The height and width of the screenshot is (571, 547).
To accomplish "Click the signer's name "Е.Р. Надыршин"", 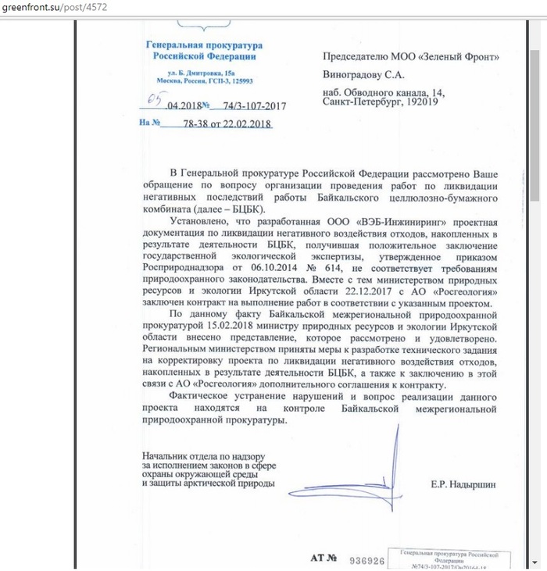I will click(x=463, y=484).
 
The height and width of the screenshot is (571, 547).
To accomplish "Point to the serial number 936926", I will click(x=366, y=560).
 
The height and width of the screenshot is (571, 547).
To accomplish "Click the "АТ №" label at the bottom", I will click(x=323, y=559).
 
